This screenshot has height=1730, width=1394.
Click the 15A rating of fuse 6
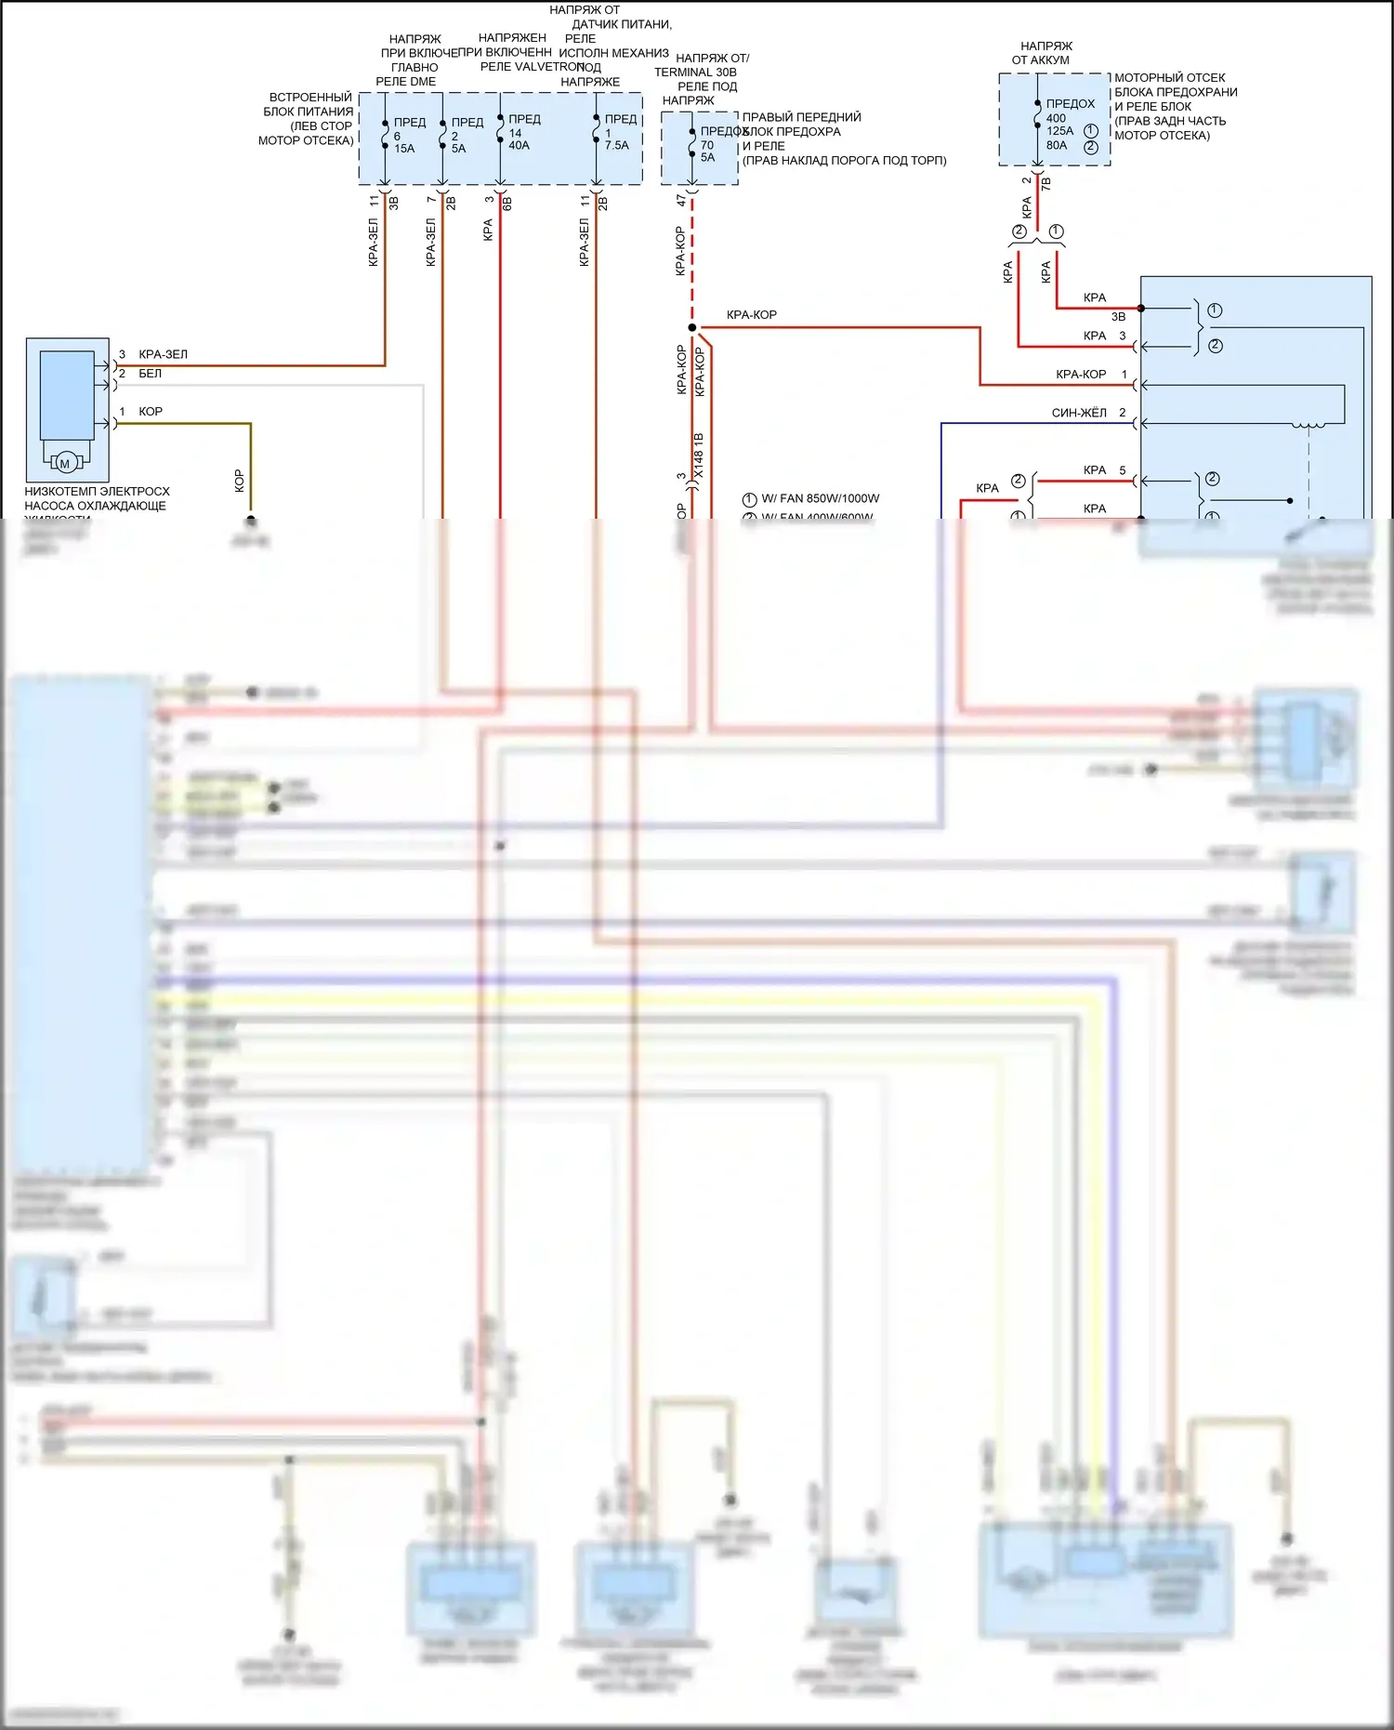point(404,149)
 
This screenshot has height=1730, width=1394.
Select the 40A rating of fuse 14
point(519,146)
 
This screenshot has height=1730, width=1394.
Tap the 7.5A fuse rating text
point(616,146)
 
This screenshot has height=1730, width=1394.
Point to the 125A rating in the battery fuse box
point(1059,131)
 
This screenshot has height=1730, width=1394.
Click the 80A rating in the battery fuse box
point(1057,145)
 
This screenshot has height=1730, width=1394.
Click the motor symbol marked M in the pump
point(65,463)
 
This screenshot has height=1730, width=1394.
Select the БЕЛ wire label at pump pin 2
point(150,374)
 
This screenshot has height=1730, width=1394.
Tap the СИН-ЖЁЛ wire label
point(1079,413)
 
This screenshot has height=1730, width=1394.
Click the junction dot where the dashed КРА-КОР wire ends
point(691,327)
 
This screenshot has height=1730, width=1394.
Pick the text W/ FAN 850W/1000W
point(820,498)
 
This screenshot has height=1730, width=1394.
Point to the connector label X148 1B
point(699,456)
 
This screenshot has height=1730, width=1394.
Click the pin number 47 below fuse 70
point(681,200)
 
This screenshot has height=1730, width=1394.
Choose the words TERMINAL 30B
point(695,73)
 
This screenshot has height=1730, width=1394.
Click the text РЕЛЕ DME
point(405,82)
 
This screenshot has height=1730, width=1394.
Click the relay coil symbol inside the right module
point(1309,426)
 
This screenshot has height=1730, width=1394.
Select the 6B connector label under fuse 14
point(507,203)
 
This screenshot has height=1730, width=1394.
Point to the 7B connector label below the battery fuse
point(1046,184)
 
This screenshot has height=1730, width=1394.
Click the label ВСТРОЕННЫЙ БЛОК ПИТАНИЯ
point(309,104)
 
